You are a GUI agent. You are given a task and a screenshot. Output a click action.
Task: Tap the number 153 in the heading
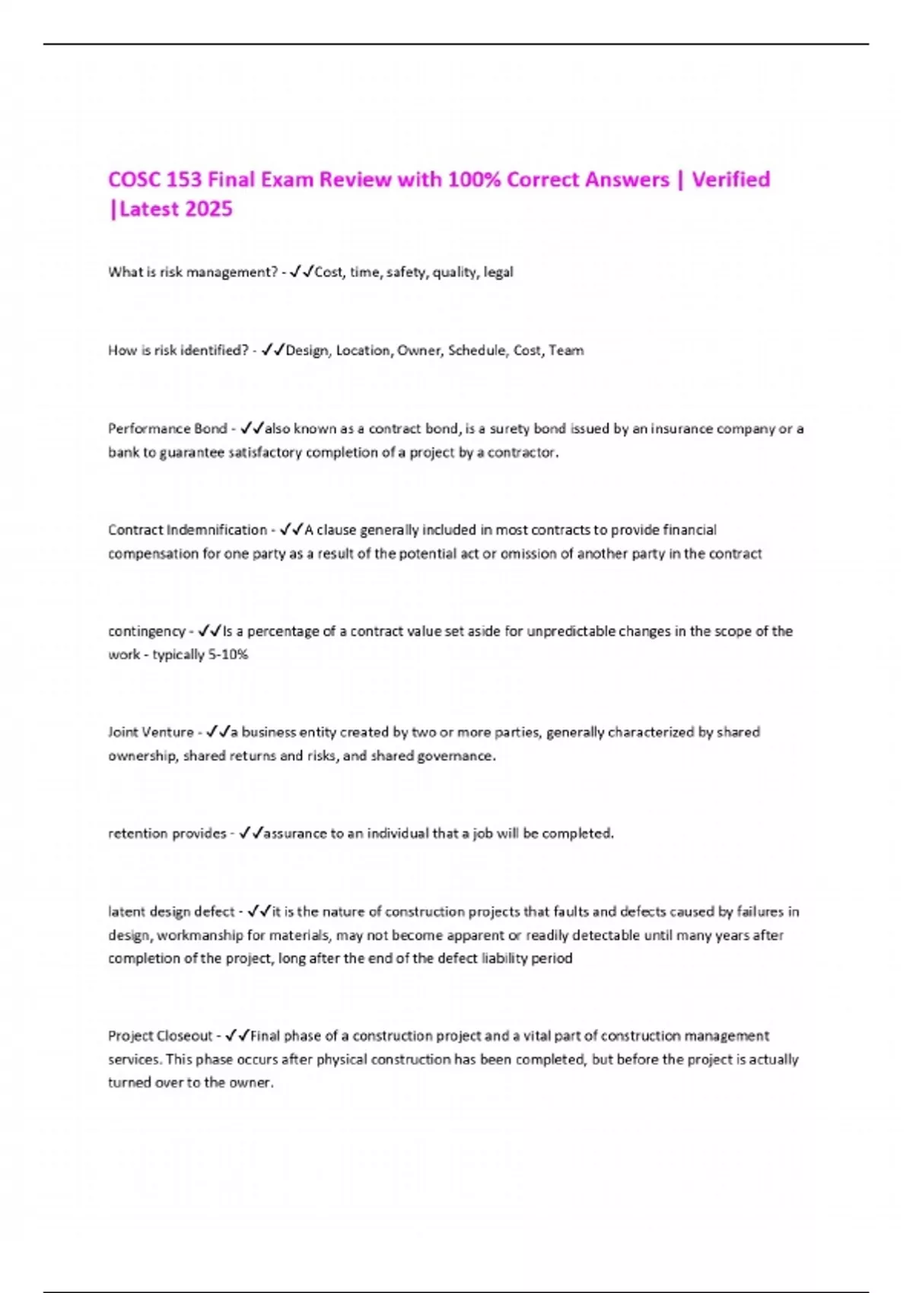point(183,179)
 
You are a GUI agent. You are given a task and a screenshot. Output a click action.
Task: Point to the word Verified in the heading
point(730,179)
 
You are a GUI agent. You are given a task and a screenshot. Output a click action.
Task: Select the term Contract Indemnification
point(187,530)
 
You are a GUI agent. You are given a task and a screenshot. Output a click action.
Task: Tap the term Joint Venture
point(151,732)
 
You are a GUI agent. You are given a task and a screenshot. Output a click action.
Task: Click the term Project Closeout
point(160,1036)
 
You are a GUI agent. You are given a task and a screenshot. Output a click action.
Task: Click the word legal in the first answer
point(498,272)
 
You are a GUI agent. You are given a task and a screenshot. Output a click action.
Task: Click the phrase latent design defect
point(171,912)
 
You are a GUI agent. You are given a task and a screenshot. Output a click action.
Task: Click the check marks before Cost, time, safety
point(301,272)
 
